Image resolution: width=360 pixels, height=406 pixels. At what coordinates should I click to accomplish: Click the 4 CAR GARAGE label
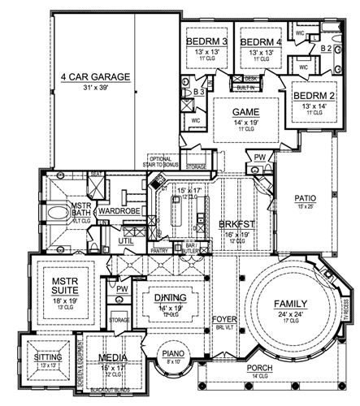tap(95, 78)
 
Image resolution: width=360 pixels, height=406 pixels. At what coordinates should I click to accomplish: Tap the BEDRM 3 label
tap(207, 41)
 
